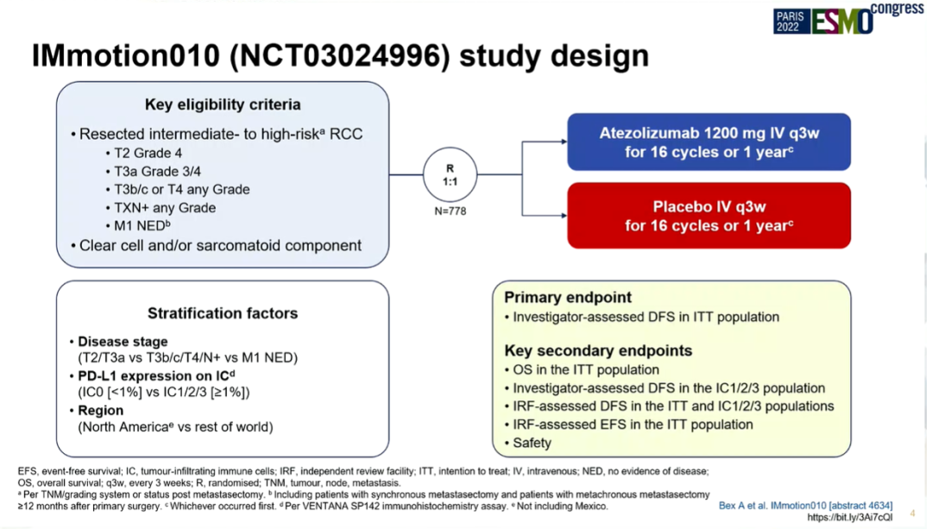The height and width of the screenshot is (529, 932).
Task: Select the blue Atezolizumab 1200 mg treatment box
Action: click(x=708, y=142)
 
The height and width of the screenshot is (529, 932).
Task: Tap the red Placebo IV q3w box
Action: click(x=708, y=216)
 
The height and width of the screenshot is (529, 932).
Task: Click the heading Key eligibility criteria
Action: click(x=223, y=104)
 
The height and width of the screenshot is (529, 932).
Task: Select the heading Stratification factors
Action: click(x=223, y=313)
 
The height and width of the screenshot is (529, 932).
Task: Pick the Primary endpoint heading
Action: click(x=568, y=297)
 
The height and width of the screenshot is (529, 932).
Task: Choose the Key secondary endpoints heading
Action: click(x=598, y=350)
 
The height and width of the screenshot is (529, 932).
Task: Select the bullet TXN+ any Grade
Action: click(x=164, y=208)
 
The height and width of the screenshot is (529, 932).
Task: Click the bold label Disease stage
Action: click(x=123, y=341)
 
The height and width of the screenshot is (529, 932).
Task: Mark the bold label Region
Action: click(x=100, y=411)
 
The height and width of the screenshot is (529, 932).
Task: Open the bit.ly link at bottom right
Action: click(x=850, y=517)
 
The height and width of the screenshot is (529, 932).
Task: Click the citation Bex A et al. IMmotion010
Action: click(x=805, y=505)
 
